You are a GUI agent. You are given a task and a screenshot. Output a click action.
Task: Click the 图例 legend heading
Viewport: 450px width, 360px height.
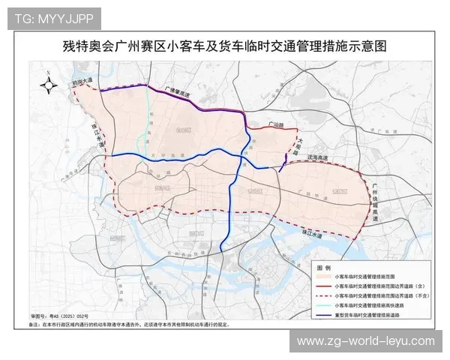point(324,267)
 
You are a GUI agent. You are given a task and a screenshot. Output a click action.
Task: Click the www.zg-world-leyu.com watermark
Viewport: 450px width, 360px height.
point(366,341)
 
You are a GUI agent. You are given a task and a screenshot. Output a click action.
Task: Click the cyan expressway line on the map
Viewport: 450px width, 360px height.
point(143,124)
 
